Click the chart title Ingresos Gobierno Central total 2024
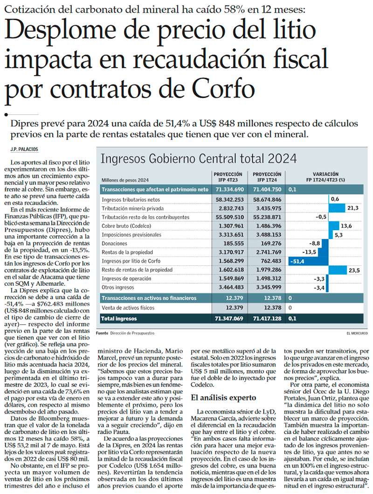199,159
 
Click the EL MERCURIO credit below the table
357,333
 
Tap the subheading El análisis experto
223,398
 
